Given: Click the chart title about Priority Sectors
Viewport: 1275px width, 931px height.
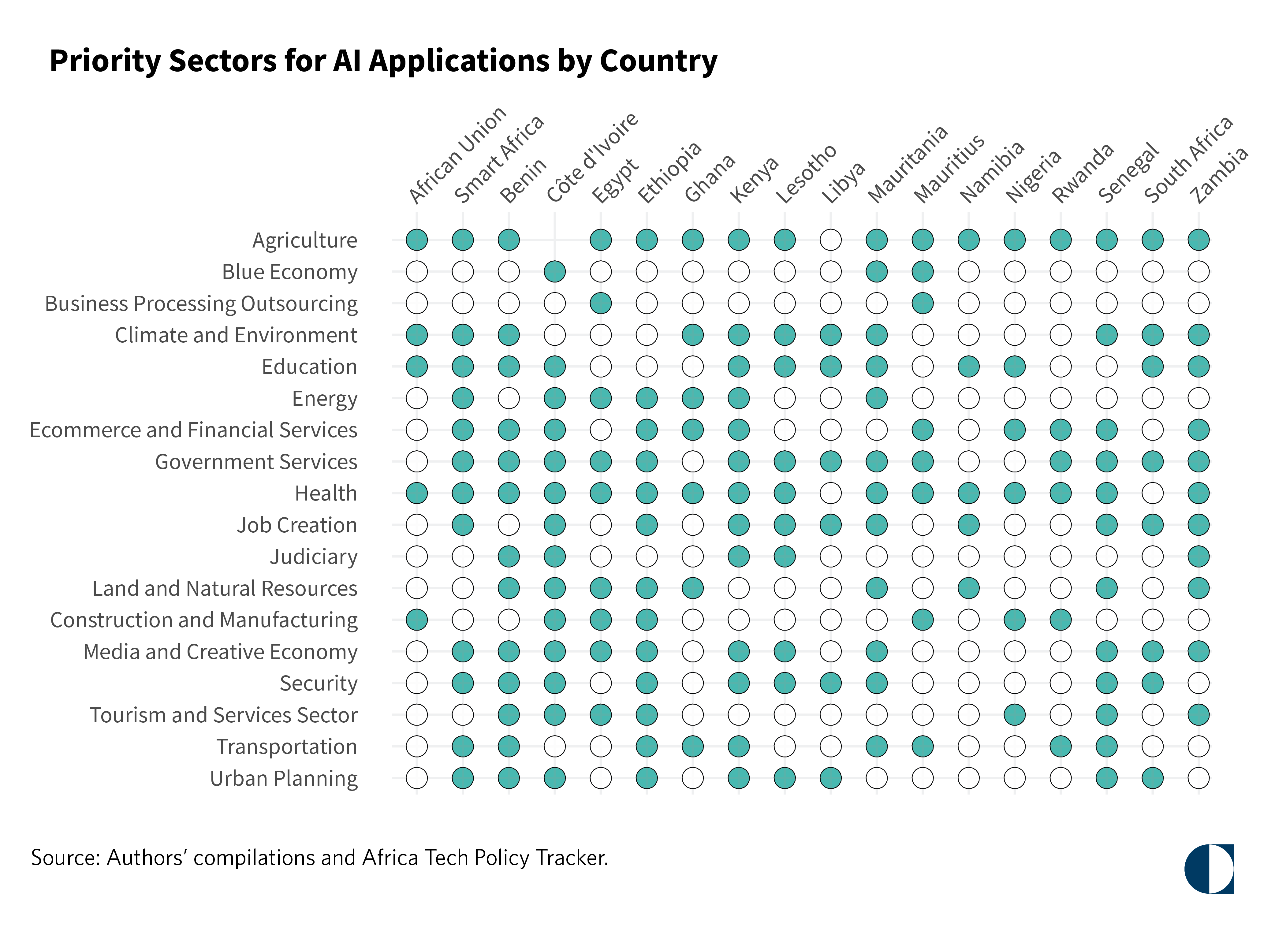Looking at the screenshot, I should (383, 61).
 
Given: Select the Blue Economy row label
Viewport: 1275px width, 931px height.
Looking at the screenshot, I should (290, 272).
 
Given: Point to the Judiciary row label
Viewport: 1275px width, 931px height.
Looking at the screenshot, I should (313, 557).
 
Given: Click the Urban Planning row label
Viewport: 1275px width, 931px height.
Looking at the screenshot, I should (284, 778).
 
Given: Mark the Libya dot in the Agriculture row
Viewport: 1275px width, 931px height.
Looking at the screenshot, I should (830, 240).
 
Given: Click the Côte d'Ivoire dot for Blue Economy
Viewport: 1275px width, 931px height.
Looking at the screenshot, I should (555, 272).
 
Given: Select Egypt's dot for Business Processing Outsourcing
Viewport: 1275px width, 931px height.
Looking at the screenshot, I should (601, 303).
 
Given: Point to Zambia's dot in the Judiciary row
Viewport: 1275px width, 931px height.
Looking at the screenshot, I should (1198, 557).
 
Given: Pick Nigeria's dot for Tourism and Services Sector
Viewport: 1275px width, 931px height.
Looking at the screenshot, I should (1015, 715).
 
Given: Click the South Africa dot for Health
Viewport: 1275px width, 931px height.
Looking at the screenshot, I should (1153, 493).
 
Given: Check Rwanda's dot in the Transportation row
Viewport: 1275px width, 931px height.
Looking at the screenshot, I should (1061, 747).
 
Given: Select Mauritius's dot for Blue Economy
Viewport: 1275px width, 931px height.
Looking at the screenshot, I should (923, 272).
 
